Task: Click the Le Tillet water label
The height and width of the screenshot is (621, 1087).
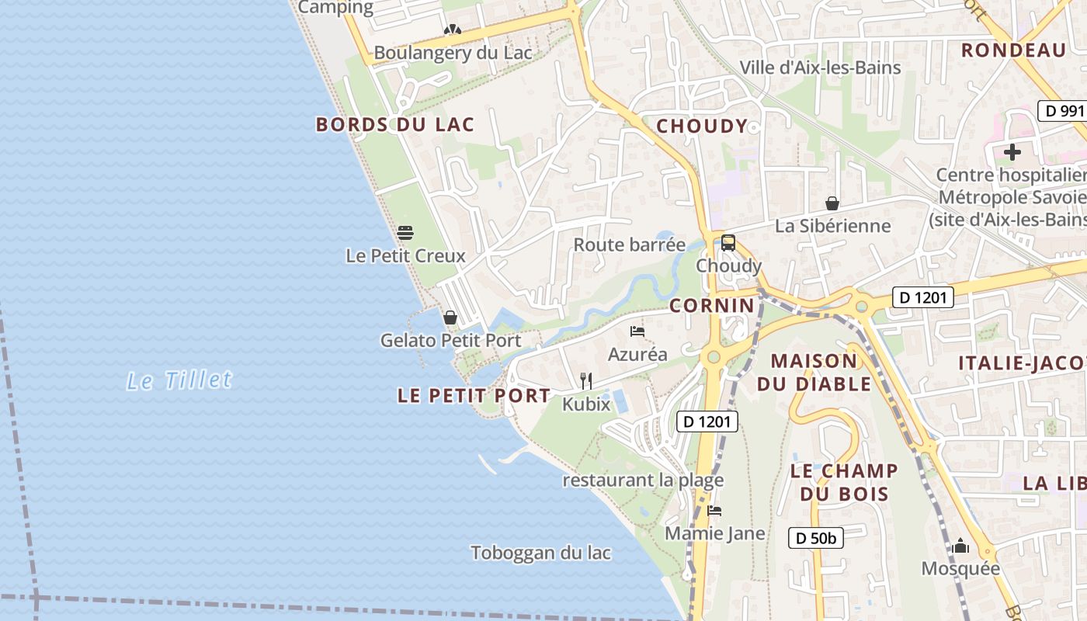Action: coord(179,380)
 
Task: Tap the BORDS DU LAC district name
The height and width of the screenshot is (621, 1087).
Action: coord(394,125)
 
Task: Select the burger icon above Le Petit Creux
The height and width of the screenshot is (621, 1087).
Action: coord(405,232)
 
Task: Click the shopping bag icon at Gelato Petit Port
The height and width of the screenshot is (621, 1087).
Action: coord(450,317)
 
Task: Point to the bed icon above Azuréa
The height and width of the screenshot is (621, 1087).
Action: coord(637,331)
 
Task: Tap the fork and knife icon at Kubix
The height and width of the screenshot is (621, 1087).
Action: coord(586,380)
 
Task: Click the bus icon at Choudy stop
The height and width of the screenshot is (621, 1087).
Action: coord(728,243)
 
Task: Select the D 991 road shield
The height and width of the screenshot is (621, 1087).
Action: coord(1062,111)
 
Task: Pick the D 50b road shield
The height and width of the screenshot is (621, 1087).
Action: coord(816,538)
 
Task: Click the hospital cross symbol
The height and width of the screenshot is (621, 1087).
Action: coord(1012,152)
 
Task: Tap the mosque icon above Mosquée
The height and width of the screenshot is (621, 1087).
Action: coord(960,546)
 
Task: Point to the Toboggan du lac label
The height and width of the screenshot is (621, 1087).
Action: coord(540,553)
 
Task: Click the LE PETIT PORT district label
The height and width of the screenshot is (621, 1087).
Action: coord(474,396)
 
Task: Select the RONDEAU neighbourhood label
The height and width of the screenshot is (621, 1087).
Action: coord(1013,50)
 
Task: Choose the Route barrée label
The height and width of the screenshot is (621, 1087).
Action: coord(630,245)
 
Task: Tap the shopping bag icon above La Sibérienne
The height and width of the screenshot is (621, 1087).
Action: coord(832,203)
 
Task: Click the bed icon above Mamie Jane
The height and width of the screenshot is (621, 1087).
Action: coord(714,511)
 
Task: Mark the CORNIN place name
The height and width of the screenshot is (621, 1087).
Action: coord(712,306)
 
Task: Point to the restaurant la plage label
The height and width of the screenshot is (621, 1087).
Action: coord(643,480)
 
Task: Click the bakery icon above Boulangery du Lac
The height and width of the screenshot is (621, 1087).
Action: coord(453,30)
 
